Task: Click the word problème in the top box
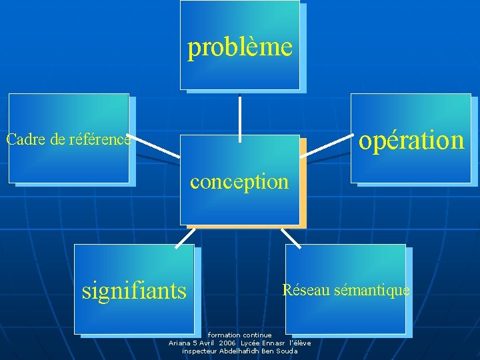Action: (x=240, y=47)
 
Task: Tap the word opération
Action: (x=411, y=140)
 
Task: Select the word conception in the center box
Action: (x=239, y=181)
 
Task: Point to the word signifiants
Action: (x=134, y=291)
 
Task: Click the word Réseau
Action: (x=304, y=290)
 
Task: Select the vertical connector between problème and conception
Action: (x=240, y=119)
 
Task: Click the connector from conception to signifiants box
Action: (x=185, y=238)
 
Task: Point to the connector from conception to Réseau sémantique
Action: (x=291, y=238)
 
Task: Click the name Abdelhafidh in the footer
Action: (x=239, y=351)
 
